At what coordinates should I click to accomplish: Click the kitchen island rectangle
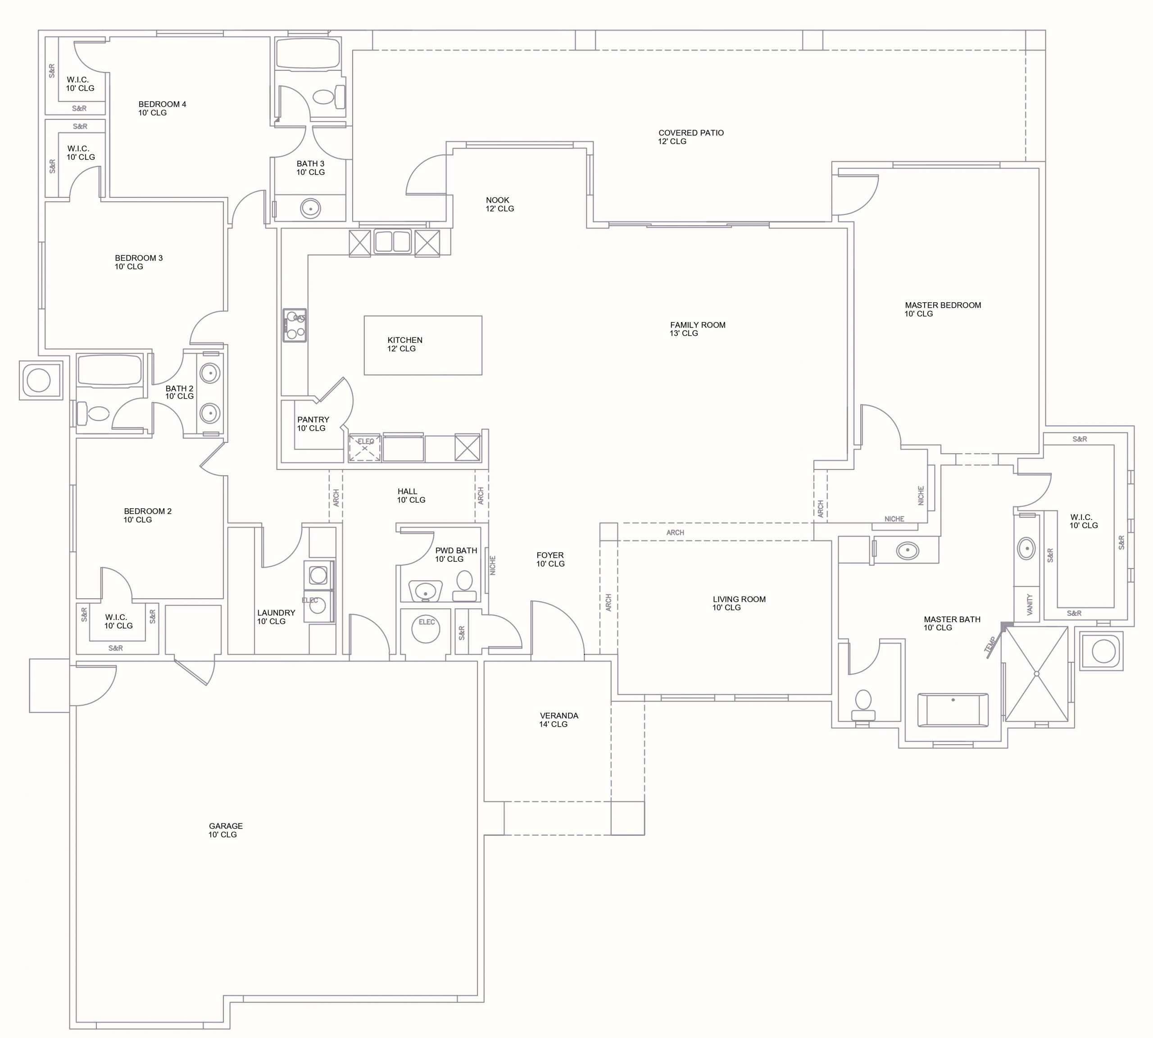click(423, 346)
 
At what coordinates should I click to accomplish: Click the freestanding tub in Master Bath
click(953, 710)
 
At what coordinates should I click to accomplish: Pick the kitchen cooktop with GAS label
click(295, 326)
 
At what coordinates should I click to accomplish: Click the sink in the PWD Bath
click(425, 591)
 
